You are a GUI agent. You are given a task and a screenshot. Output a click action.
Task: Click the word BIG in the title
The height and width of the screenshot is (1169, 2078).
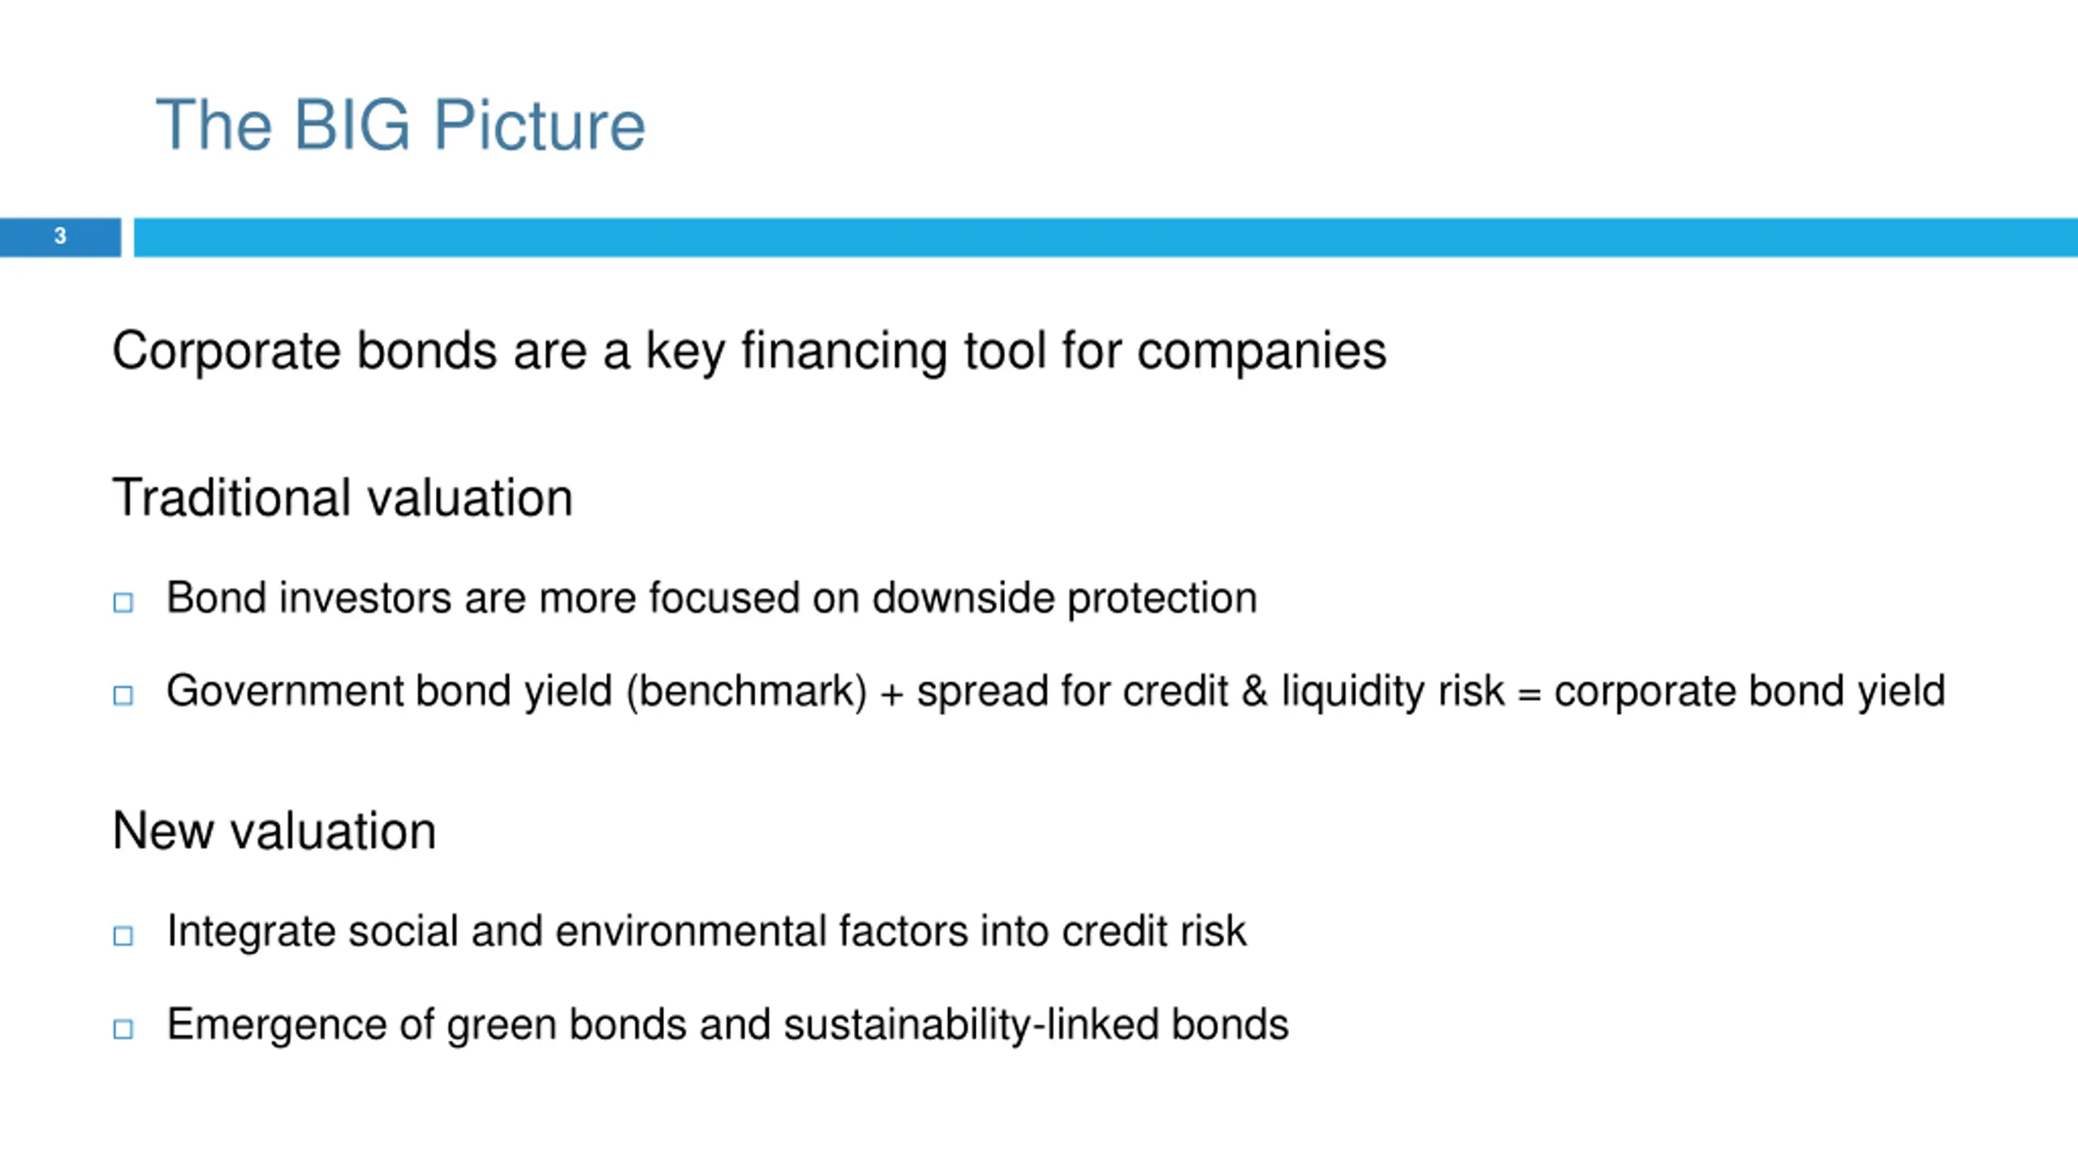[351, 125]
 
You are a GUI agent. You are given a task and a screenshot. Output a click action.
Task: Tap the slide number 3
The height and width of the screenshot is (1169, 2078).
[60, 236]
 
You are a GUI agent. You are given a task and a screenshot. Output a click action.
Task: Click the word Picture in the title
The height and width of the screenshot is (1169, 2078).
[540, 125]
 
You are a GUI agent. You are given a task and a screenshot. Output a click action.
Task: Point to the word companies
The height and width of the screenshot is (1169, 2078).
[1261, 352]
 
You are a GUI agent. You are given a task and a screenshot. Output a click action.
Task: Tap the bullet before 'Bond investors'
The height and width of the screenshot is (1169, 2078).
[123, 602]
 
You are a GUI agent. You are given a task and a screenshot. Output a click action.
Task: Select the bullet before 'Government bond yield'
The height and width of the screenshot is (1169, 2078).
[123, 695]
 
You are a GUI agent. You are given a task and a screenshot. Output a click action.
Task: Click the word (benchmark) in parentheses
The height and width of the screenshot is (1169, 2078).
[747, 692]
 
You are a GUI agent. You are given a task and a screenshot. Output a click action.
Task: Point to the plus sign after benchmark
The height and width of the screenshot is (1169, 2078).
[892, 695]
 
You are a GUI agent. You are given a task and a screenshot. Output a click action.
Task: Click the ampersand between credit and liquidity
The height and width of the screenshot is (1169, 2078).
[1254, 692]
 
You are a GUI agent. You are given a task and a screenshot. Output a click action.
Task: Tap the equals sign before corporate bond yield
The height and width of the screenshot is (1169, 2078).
[1529, 696]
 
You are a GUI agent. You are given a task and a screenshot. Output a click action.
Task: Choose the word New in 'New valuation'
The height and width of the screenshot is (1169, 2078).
[162, 831]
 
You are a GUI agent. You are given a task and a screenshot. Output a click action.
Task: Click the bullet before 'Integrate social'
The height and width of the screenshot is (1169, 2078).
[123, 936]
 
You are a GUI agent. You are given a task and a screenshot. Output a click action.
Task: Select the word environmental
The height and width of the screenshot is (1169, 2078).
[690, 931]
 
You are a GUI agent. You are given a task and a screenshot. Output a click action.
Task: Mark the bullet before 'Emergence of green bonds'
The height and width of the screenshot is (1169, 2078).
[123, 1029]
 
